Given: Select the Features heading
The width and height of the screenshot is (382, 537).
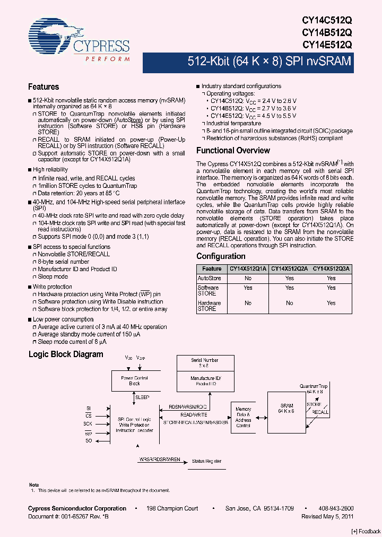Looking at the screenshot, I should coord(44,87).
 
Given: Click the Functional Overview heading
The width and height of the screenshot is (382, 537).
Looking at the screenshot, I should coord(233,151).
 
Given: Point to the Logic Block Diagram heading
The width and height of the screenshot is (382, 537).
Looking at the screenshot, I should coord(65,354).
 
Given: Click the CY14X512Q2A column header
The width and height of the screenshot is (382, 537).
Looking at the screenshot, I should coord(290,269).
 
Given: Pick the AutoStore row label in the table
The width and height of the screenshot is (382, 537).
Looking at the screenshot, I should coord(209,278).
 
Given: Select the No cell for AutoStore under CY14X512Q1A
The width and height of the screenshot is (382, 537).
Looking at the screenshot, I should coord(248,278).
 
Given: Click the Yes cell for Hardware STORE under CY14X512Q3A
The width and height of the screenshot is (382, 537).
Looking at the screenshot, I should coord(331,303).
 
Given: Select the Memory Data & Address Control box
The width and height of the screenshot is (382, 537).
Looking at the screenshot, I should coord(243,418).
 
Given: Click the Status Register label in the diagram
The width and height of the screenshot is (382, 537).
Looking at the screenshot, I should coord(206,462).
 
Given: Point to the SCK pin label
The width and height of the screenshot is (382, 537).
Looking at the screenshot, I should coord(88,424).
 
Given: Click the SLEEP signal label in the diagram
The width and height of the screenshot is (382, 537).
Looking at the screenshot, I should coord(142,397).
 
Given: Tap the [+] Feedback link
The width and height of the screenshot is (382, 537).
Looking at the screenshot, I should coord(366,531).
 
